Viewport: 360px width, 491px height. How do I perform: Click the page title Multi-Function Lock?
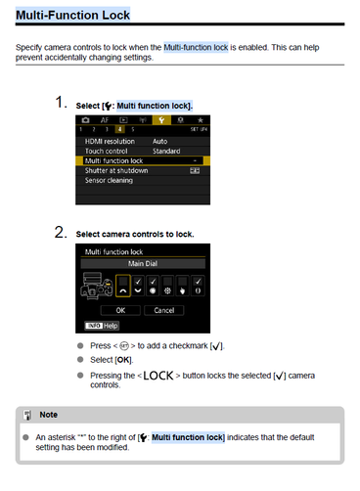tap(72, 15)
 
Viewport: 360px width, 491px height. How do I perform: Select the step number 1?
tap(61, 102)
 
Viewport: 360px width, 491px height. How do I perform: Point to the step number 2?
tap(61, 232)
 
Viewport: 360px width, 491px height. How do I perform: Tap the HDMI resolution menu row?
tap(143, 141)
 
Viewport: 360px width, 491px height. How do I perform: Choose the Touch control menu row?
tap(143, 151)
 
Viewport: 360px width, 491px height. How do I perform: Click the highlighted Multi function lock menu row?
tap(143, 160)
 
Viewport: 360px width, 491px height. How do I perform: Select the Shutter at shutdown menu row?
tap(143, 170)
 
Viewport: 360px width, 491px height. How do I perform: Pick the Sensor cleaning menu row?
tap(143, 180)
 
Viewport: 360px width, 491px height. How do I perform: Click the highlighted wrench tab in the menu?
tap(161, 120)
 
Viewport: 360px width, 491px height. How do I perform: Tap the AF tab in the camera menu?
tap(105, 120)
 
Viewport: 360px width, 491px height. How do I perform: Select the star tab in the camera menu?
tap(201, 120)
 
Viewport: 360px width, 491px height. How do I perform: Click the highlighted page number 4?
tap(119, 129)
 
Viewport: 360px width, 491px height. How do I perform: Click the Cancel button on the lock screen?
tap(164, 310)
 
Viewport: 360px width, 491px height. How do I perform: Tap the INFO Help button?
tap(102, 326)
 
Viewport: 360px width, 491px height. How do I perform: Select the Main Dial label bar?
tap(143, 263)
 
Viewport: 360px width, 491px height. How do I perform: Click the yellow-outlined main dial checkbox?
tap(123, 286)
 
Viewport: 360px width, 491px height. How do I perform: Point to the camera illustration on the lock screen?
tap(97, 286)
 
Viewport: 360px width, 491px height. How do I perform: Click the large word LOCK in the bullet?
tap(158, 376)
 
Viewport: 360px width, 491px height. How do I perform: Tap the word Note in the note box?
tap(49, 415)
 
